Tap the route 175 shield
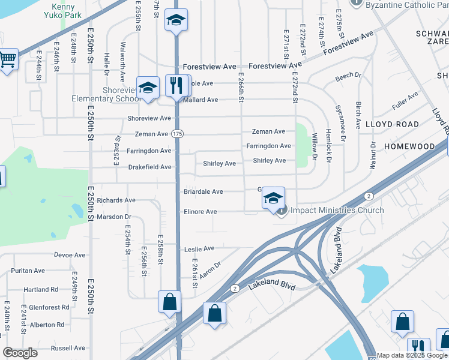(x=177, y=133)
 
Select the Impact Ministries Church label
(x=337, y=210)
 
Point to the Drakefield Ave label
(x=149, y=167)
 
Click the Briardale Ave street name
(x=203, y=192)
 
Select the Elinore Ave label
(x=200, y=212)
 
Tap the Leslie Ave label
(x=199, y=248)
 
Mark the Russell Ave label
(x=68, y=348)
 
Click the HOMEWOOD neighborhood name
(x=409, y=146)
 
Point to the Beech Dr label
(x=348, y=76)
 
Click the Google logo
(x=20, y=353)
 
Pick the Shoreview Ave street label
(x=149, y=118)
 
